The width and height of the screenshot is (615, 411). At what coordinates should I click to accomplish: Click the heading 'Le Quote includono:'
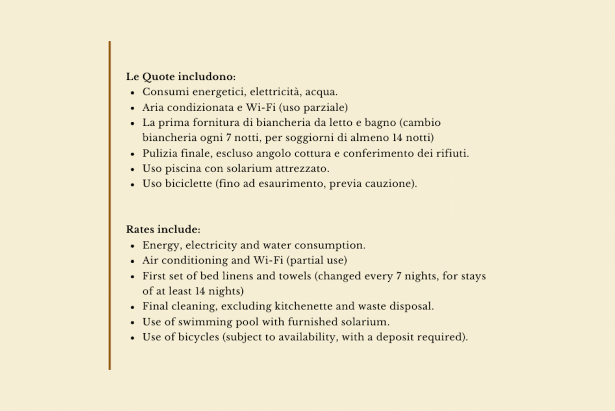click(x=181, y=77)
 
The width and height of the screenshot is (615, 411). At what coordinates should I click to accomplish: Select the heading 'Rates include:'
click(x=163, y=230)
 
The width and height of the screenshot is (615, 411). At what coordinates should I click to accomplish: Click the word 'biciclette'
click(x=188, y=184)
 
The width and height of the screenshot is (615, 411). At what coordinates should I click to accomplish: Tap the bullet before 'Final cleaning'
click(x=133, y=307)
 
